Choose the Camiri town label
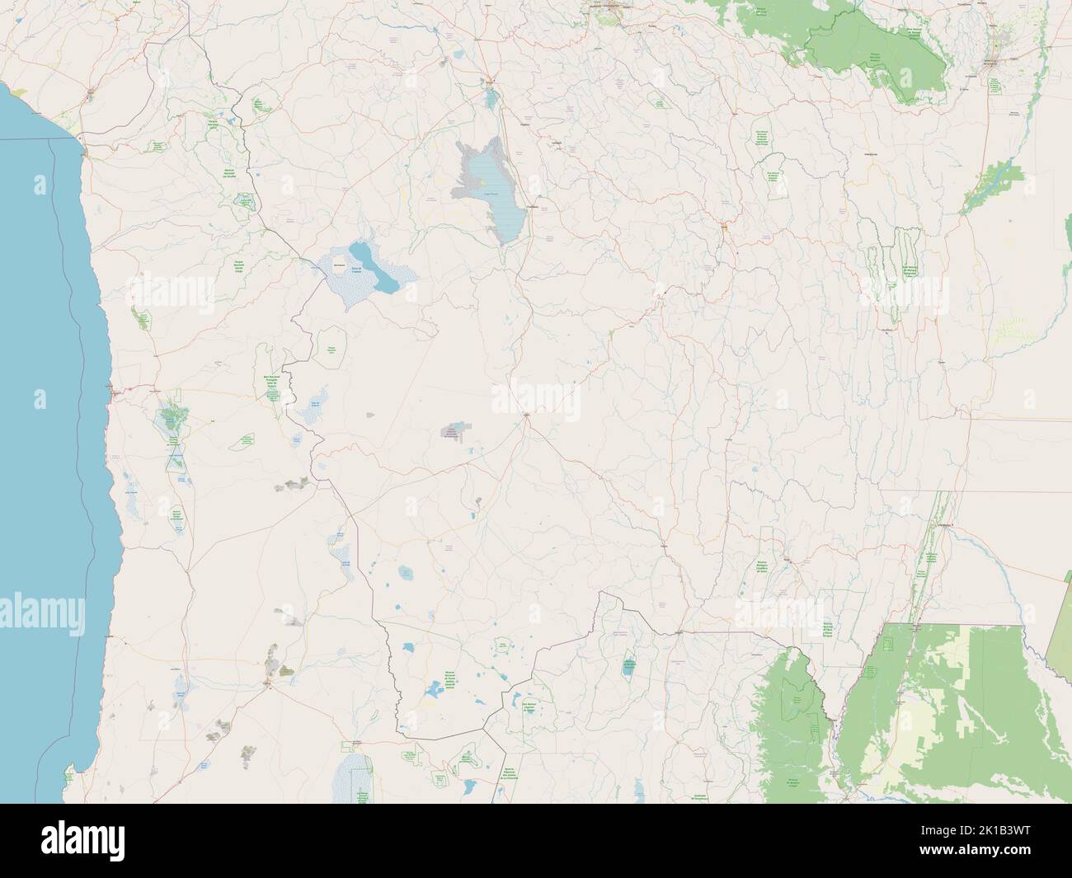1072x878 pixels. (x=887, y=330)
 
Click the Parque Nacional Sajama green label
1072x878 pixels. (x=258, y=105)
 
